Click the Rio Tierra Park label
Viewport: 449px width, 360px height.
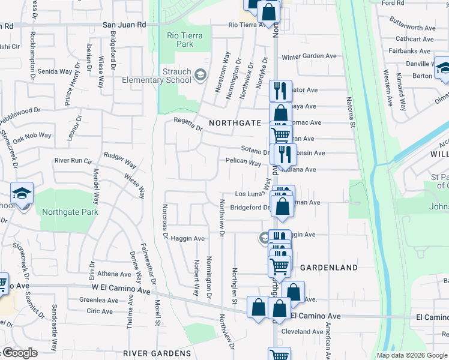(184, 40)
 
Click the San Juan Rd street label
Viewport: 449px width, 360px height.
(124, 25)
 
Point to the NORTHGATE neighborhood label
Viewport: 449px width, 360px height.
(235, 123)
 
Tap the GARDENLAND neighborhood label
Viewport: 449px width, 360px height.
(328, 267)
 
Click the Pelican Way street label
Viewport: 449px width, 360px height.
(243, 163)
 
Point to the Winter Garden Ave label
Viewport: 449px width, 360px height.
(309, 57)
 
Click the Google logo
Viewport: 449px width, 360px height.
(20, 353)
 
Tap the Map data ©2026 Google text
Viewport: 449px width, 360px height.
(412, 355)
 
